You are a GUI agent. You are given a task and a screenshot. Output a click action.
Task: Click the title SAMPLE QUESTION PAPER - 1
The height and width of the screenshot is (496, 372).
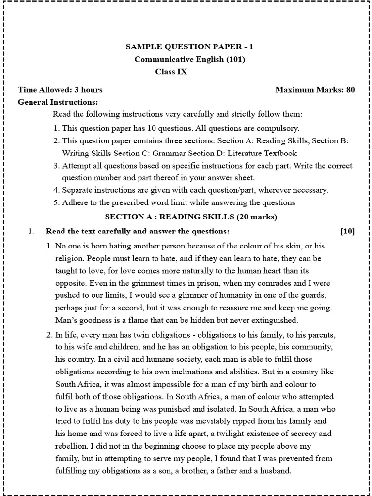[x=189, y=47]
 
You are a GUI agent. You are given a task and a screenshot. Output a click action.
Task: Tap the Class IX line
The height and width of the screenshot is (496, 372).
[x=170, y=72]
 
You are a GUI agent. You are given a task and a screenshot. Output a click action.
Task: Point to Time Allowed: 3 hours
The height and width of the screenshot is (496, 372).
[x=60, y=90]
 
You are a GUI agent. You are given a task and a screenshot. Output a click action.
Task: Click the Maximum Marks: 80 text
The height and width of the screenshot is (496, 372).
[x=315, y=90]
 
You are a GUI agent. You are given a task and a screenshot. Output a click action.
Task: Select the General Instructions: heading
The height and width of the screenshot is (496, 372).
[x=58, y=102]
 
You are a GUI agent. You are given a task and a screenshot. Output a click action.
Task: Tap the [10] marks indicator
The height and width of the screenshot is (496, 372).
[x=347, y=231]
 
